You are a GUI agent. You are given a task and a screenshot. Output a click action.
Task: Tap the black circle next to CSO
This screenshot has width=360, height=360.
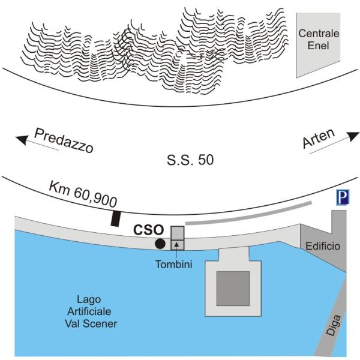(160, 244)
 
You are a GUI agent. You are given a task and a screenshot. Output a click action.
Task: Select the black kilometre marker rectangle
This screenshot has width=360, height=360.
(115, 218)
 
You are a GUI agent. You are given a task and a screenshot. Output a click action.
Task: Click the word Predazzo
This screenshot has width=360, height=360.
(64, 140)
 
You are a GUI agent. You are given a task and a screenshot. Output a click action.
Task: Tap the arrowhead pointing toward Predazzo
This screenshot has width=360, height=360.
(22, 140)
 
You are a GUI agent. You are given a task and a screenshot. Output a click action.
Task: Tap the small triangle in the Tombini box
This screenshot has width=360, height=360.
(177, 244)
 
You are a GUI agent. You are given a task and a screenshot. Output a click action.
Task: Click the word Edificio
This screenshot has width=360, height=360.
(323, 247)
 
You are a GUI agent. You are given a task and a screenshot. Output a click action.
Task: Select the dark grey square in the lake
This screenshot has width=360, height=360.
(233, 288)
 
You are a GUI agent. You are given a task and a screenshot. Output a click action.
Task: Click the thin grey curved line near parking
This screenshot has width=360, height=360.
(249, 213)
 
